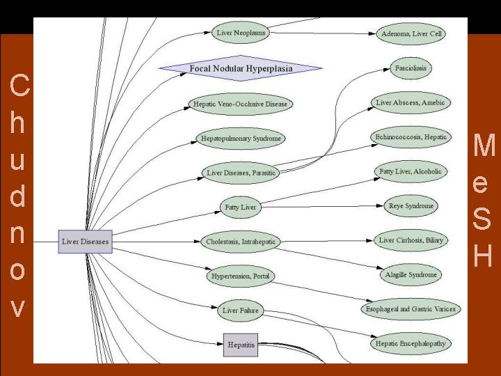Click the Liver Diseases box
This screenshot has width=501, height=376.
click(x=85, y=242)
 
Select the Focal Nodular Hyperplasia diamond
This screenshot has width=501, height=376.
click(x=241, y=68)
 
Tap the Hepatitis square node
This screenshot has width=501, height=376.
click(x=241, y=345)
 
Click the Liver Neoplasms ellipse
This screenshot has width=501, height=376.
click(x=240, y=32)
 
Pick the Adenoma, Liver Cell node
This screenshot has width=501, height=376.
click(x=412, y=33)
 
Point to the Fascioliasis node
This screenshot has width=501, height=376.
click(x=411, y=68)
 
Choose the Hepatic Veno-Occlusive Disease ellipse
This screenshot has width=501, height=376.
click(x=241, y=104)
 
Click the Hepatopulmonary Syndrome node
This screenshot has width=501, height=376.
click(x=241, y=139)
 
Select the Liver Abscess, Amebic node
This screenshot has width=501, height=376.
click(x=411, y=102)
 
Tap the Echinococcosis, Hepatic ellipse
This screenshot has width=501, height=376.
click(x=411, y=136)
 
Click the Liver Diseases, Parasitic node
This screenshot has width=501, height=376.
click(x=241, y=172)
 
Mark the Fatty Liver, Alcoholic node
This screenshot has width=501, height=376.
click(x=411, y=171)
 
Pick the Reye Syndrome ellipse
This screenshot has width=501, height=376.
click(x=411, y=206)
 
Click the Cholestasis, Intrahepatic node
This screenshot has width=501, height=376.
click(x=241, y=242)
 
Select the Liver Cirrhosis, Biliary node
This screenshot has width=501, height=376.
click(x=411, y=240)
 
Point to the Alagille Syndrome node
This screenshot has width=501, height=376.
click(x=411, y=275)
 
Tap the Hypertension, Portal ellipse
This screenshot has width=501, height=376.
click(x=241, y=276)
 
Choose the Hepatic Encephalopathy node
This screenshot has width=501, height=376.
click(x=411, y=343)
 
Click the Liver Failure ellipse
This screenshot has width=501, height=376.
click(x=240, y=310)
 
